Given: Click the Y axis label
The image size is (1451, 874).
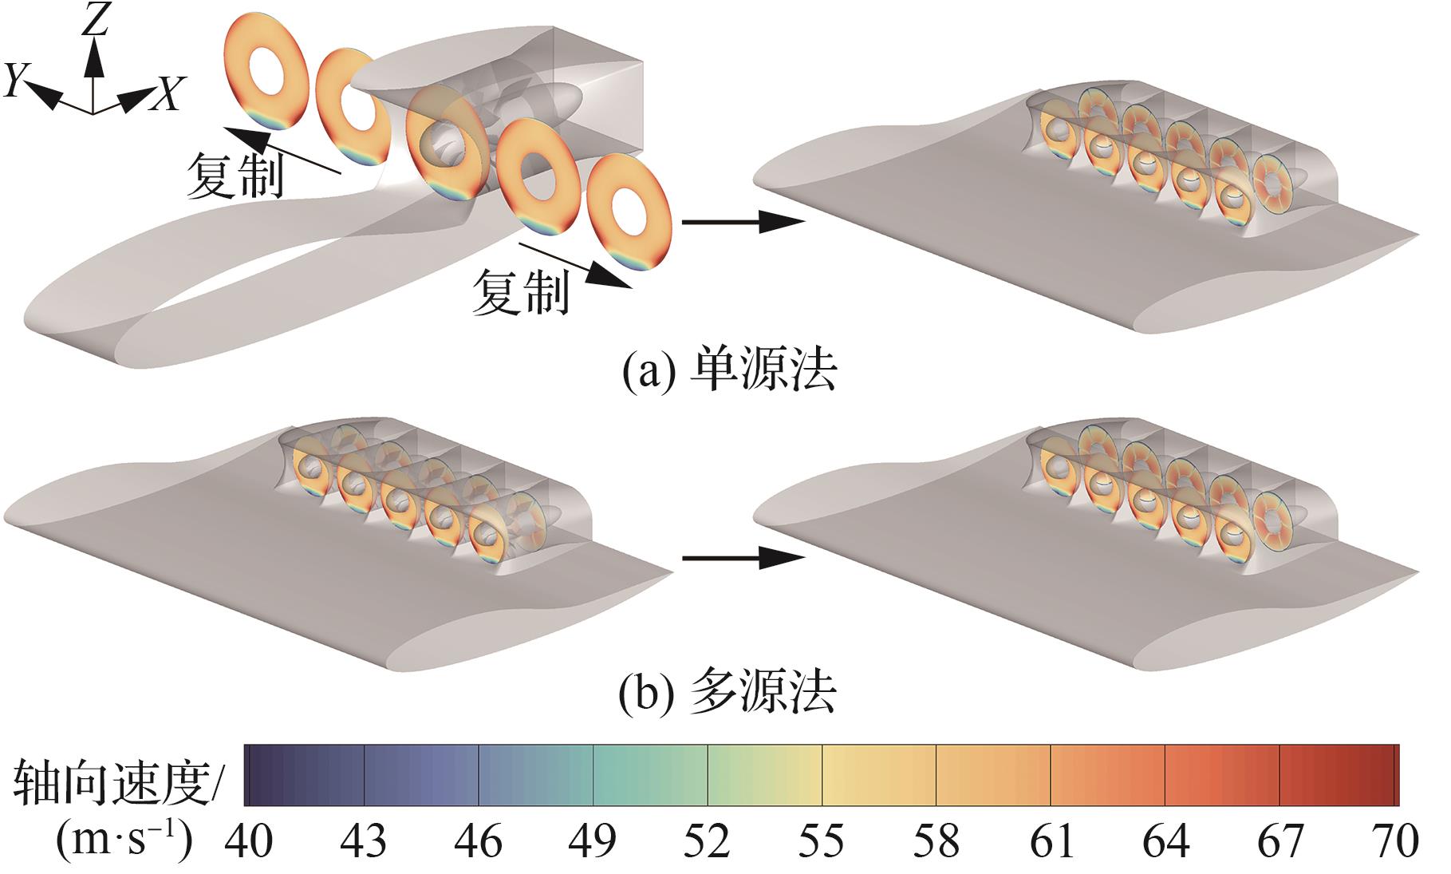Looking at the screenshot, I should coord(15,81).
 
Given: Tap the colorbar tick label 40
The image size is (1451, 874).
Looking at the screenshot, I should coord(249,841).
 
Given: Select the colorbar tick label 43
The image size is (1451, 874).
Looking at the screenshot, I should coord(363,841).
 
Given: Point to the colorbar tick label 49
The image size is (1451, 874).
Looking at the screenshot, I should coord(593,841).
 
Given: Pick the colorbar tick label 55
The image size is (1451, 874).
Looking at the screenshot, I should coord(822,841).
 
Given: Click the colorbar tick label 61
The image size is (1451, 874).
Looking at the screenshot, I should coord(1051,841).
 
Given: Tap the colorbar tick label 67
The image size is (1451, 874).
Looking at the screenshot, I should coord(1280,841).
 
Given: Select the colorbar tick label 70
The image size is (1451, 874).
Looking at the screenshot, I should coord(1395,841).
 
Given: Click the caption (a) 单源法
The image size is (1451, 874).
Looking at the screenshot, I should coord(729,370).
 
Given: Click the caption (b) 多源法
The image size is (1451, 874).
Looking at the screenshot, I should coord(727,693).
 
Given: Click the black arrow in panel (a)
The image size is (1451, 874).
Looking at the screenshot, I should coord(742,222).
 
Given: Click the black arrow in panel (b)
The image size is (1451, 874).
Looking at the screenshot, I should coord(742,557).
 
